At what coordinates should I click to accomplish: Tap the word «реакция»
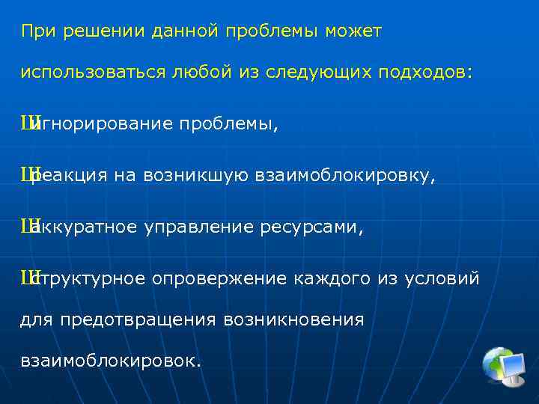(70, 177)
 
